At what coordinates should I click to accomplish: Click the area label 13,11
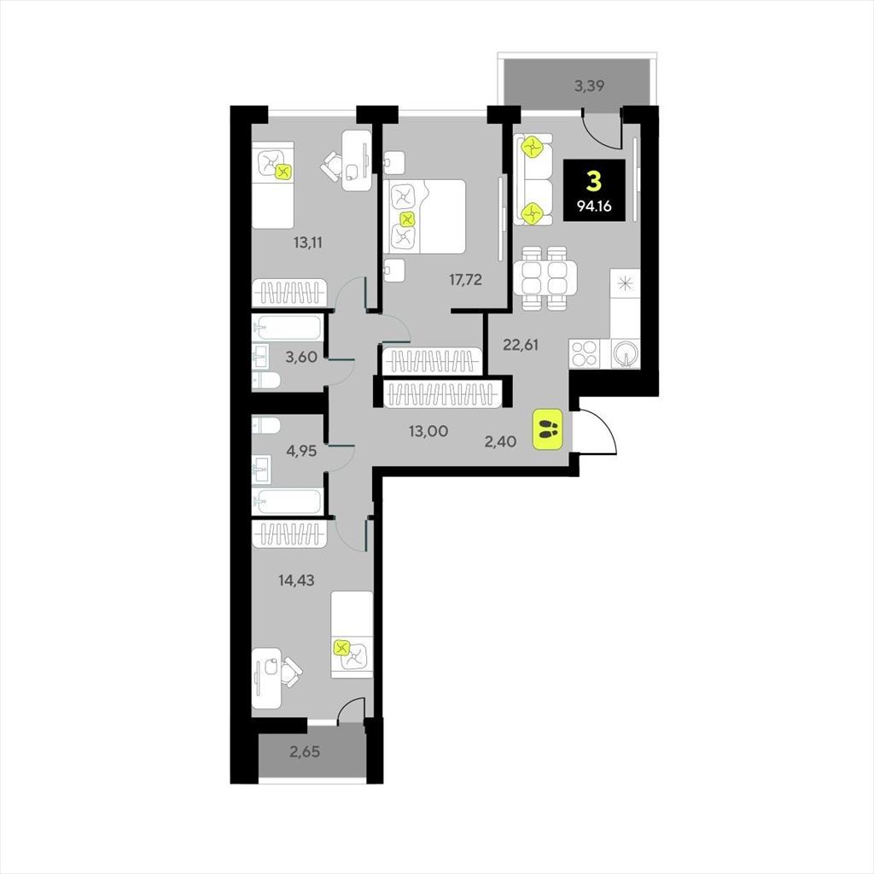[308, 242]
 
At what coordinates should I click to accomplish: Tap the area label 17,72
[465, 280]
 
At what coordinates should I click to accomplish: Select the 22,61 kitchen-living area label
[521, 345]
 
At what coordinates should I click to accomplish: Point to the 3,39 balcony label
[590, 86]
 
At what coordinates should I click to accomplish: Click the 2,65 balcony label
[305, 752]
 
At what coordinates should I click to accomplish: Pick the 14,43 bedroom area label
[296, 580]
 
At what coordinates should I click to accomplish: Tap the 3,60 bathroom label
[301, 357]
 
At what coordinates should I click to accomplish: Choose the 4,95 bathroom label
[301, 451]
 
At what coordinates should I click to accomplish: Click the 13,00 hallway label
[428, 431]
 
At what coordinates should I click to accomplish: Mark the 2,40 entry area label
[500, 441]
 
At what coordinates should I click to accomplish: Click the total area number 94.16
[594, 207]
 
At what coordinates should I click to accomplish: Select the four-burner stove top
[584, 353]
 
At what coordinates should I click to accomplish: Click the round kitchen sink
[626, 353]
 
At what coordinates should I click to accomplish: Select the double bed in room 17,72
[425, 216]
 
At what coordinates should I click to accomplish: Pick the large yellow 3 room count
[594, 183]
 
